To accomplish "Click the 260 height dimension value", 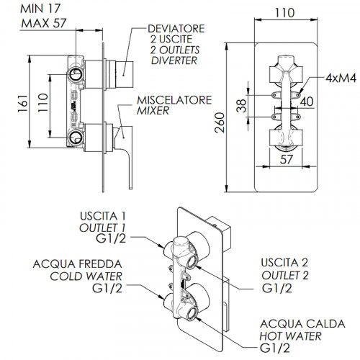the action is tap(220, 122).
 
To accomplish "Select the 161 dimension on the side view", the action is tap(23, 104).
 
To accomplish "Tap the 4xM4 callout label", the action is tap(341, 78).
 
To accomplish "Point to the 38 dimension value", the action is tap(241, 106).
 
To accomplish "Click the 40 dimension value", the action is tap(307, 102).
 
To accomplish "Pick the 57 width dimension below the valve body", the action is tap(287, 159).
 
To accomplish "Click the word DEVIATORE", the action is tap(176, 29).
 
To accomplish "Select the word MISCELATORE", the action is tap(174, 100).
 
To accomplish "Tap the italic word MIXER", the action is tap(153, 111).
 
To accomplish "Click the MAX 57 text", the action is tap(43, 23).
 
